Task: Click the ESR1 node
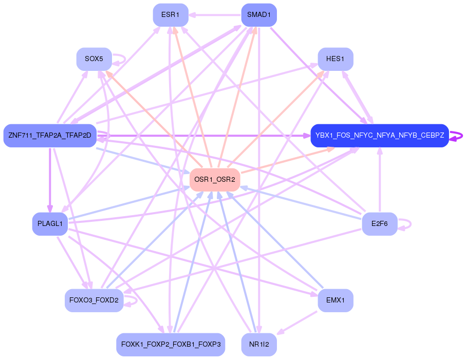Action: click(170, 15)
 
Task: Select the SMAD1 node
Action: click(259, 15)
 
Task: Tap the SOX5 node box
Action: click(94, 59)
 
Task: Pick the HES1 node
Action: click(335, 59)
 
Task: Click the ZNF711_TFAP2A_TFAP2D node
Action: click(50, 136)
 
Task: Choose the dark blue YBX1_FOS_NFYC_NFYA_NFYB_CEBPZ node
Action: click(379, 136)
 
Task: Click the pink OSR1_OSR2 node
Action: click(215, 180)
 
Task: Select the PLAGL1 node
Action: click(50, 224)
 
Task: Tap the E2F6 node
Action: click(379, 224)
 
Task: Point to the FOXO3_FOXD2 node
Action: click(94, 300)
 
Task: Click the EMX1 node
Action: click(335, 300)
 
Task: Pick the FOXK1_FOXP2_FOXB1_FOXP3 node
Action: click(170, 345)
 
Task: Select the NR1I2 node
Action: click(259, 345)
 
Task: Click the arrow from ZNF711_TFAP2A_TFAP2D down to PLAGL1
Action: click(50, 180)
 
